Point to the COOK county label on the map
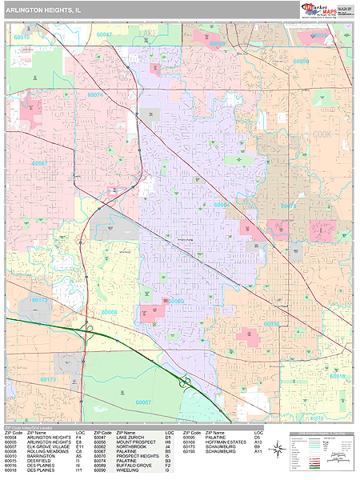coord(322,134)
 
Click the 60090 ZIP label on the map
coord(301,61)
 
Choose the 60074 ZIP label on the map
coord(95,95)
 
